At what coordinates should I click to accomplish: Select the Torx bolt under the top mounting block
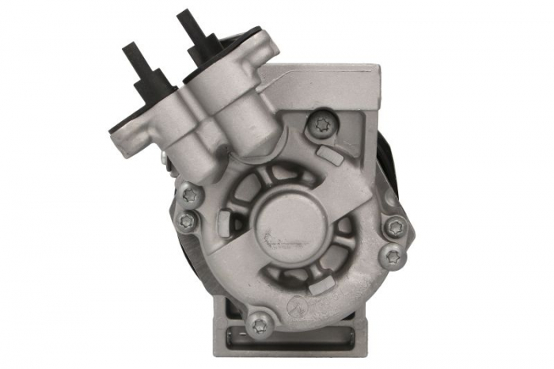pyautogui.click(x=321, y=124)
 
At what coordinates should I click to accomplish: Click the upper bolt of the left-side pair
pyautogui.click(x=189, y=193)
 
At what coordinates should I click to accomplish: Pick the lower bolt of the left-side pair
pyautogui.click(x=186, y=221)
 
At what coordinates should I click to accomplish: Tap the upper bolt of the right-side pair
pyautogui.click(x=396, y=228)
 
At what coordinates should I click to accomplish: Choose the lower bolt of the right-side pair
pyautogui.click(x=391, y=255)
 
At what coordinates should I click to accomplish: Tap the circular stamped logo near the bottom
pyautogui.click(x=294, y=304)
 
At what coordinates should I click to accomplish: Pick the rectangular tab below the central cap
pyautogui.click(x=317, y=286)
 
